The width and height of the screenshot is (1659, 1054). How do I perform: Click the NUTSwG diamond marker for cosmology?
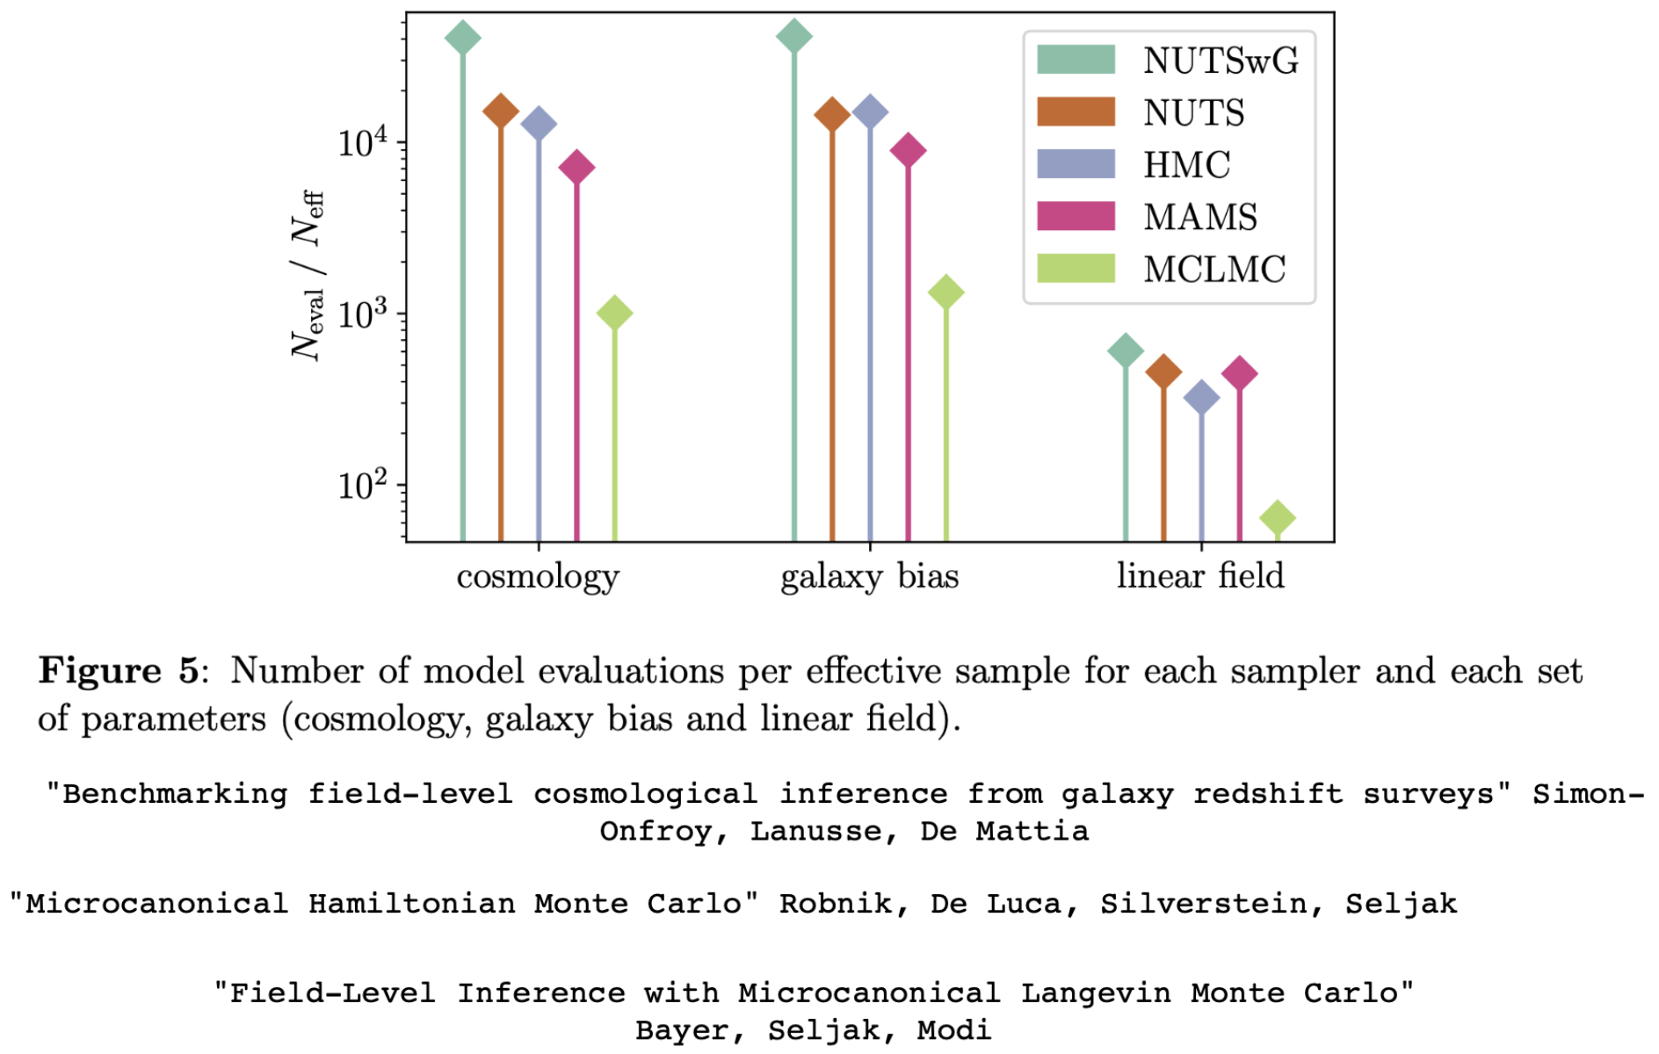click(463, 38)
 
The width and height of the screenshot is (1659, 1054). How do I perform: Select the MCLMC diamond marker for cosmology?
click(614, 313)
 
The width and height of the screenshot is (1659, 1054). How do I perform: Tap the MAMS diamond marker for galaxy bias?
click(908, 150)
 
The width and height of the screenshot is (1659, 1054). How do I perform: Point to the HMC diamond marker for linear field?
click(1201, 398)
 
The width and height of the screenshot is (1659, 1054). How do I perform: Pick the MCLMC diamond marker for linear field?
click(1277, 518)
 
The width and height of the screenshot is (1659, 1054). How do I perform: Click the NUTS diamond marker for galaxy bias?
click(832, 114)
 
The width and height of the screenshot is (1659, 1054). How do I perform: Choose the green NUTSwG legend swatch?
click(1076, 60)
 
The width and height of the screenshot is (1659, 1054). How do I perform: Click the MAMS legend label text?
click(1200, 217)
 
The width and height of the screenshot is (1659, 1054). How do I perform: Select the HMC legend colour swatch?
click(1076, 164)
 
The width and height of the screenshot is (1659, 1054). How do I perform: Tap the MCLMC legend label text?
click(1214, 270)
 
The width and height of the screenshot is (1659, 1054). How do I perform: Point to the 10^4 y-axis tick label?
click(363, 142)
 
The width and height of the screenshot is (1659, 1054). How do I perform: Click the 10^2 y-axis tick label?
click(363, 485)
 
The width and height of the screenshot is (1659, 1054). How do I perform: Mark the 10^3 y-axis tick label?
click(363, 314)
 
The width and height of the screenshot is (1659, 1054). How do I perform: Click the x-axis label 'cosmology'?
click(538, 577)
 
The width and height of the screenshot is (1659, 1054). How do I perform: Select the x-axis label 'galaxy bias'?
click(869, 577)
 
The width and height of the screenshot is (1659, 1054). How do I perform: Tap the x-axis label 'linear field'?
click(1200, 576)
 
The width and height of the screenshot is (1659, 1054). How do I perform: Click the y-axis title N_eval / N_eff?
click(308, 275)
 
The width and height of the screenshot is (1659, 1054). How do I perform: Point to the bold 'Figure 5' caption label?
click(120, 671)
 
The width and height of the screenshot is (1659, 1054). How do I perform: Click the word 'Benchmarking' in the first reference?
click(175, 794)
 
